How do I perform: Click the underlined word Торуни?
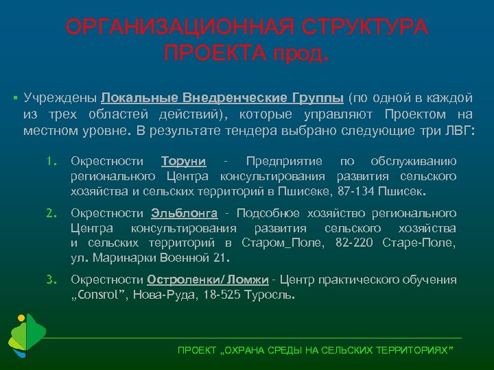(183, 162)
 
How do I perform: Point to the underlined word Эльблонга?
(185, 214)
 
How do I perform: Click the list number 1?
(50, 162)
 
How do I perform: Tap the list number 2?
(50, 214)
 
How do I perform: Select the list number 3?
(50, 280)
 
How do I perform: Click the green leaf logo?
(26, 336)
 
